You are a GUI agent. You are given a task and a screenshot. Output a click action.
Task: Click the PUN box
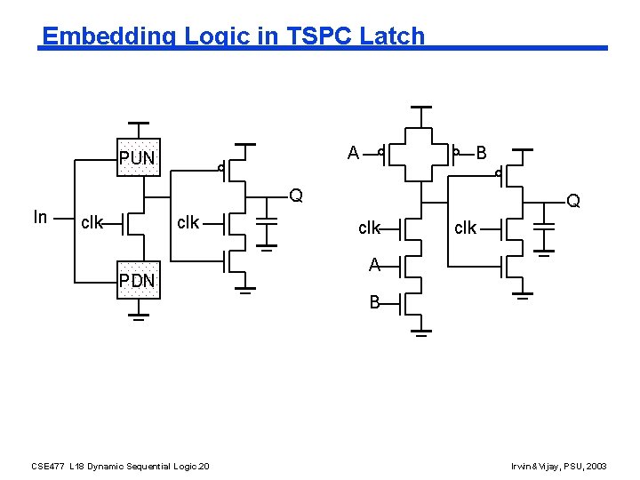point(138,157)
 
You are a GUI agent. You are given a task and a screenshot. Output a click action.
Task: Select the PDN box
point(138,281)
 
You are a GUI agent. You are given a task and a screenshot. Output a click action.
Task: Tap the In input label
point(40,216)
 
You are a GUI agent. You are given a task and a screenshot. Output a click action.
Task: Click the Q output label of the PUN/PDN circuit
point(296,196)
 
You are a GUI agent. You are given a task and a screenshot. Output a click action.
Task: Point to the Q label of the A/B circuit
point(574,202)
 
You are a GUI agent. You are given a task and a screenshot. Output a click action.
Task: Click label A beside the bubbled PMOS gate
point(353,153)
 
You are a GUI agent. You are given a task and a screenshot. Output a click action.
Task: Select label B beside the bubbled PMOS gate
point(481,153)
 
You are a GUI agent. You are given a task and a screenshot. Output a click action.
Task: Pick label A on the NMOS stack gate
point(374,264)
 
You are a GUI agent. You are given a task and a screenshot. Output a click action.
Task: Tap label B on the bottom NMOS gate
point(375,303)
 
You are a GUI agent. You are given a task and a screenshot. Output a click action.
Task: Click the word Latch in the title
point(394,36)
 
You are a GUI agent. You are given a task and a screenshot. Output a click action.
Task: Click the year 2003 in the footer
point(597,466)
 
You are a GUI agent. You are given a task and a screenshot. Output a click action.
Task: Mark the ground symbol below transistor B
point(421,334)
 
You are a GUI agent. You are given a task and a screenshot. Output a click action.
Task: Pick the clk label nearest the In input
point(92,222)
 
